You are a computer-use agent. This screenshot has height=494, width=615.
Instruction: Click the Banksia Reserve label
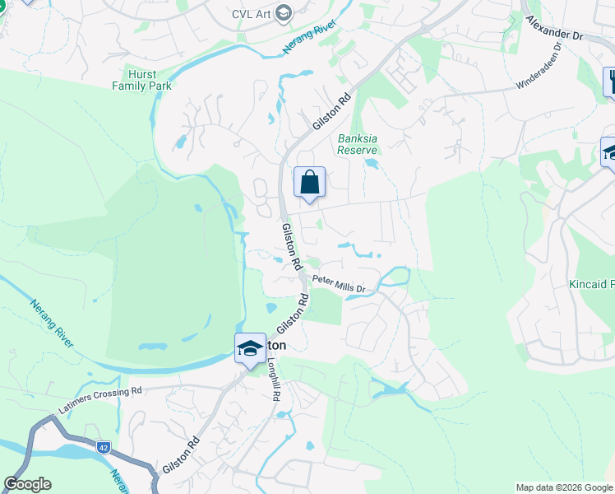(358, 144)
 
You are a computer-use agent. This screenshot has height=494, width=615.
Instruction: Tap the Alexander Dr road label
(554, 28)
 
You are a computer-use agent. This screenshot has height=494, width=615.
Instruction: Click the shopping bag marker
(309, 183)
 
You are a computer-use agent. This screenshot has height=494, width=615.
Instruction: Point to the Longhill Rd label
(275, 380)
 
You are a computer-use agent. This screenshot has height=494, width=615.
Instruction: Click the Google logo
(27, 484)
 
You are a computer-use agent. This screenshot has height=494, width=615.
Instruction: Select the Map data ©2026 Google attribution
(563, 487)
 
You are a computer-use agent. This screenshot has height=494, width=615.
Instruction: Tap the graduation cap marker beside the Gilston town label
(250, 349)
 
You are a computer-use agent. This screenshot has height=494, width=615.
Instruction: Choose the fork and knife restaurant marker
(612, 81)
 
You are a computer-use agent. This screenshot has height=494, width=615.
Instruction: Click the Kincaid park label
(592, 285)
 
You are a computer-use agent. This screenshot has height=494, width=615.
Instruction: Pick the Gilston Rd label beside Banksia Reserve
(331, 110)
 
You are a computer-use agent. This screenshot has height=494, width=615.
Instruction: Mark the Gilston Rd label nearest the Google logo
(181, 454)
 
